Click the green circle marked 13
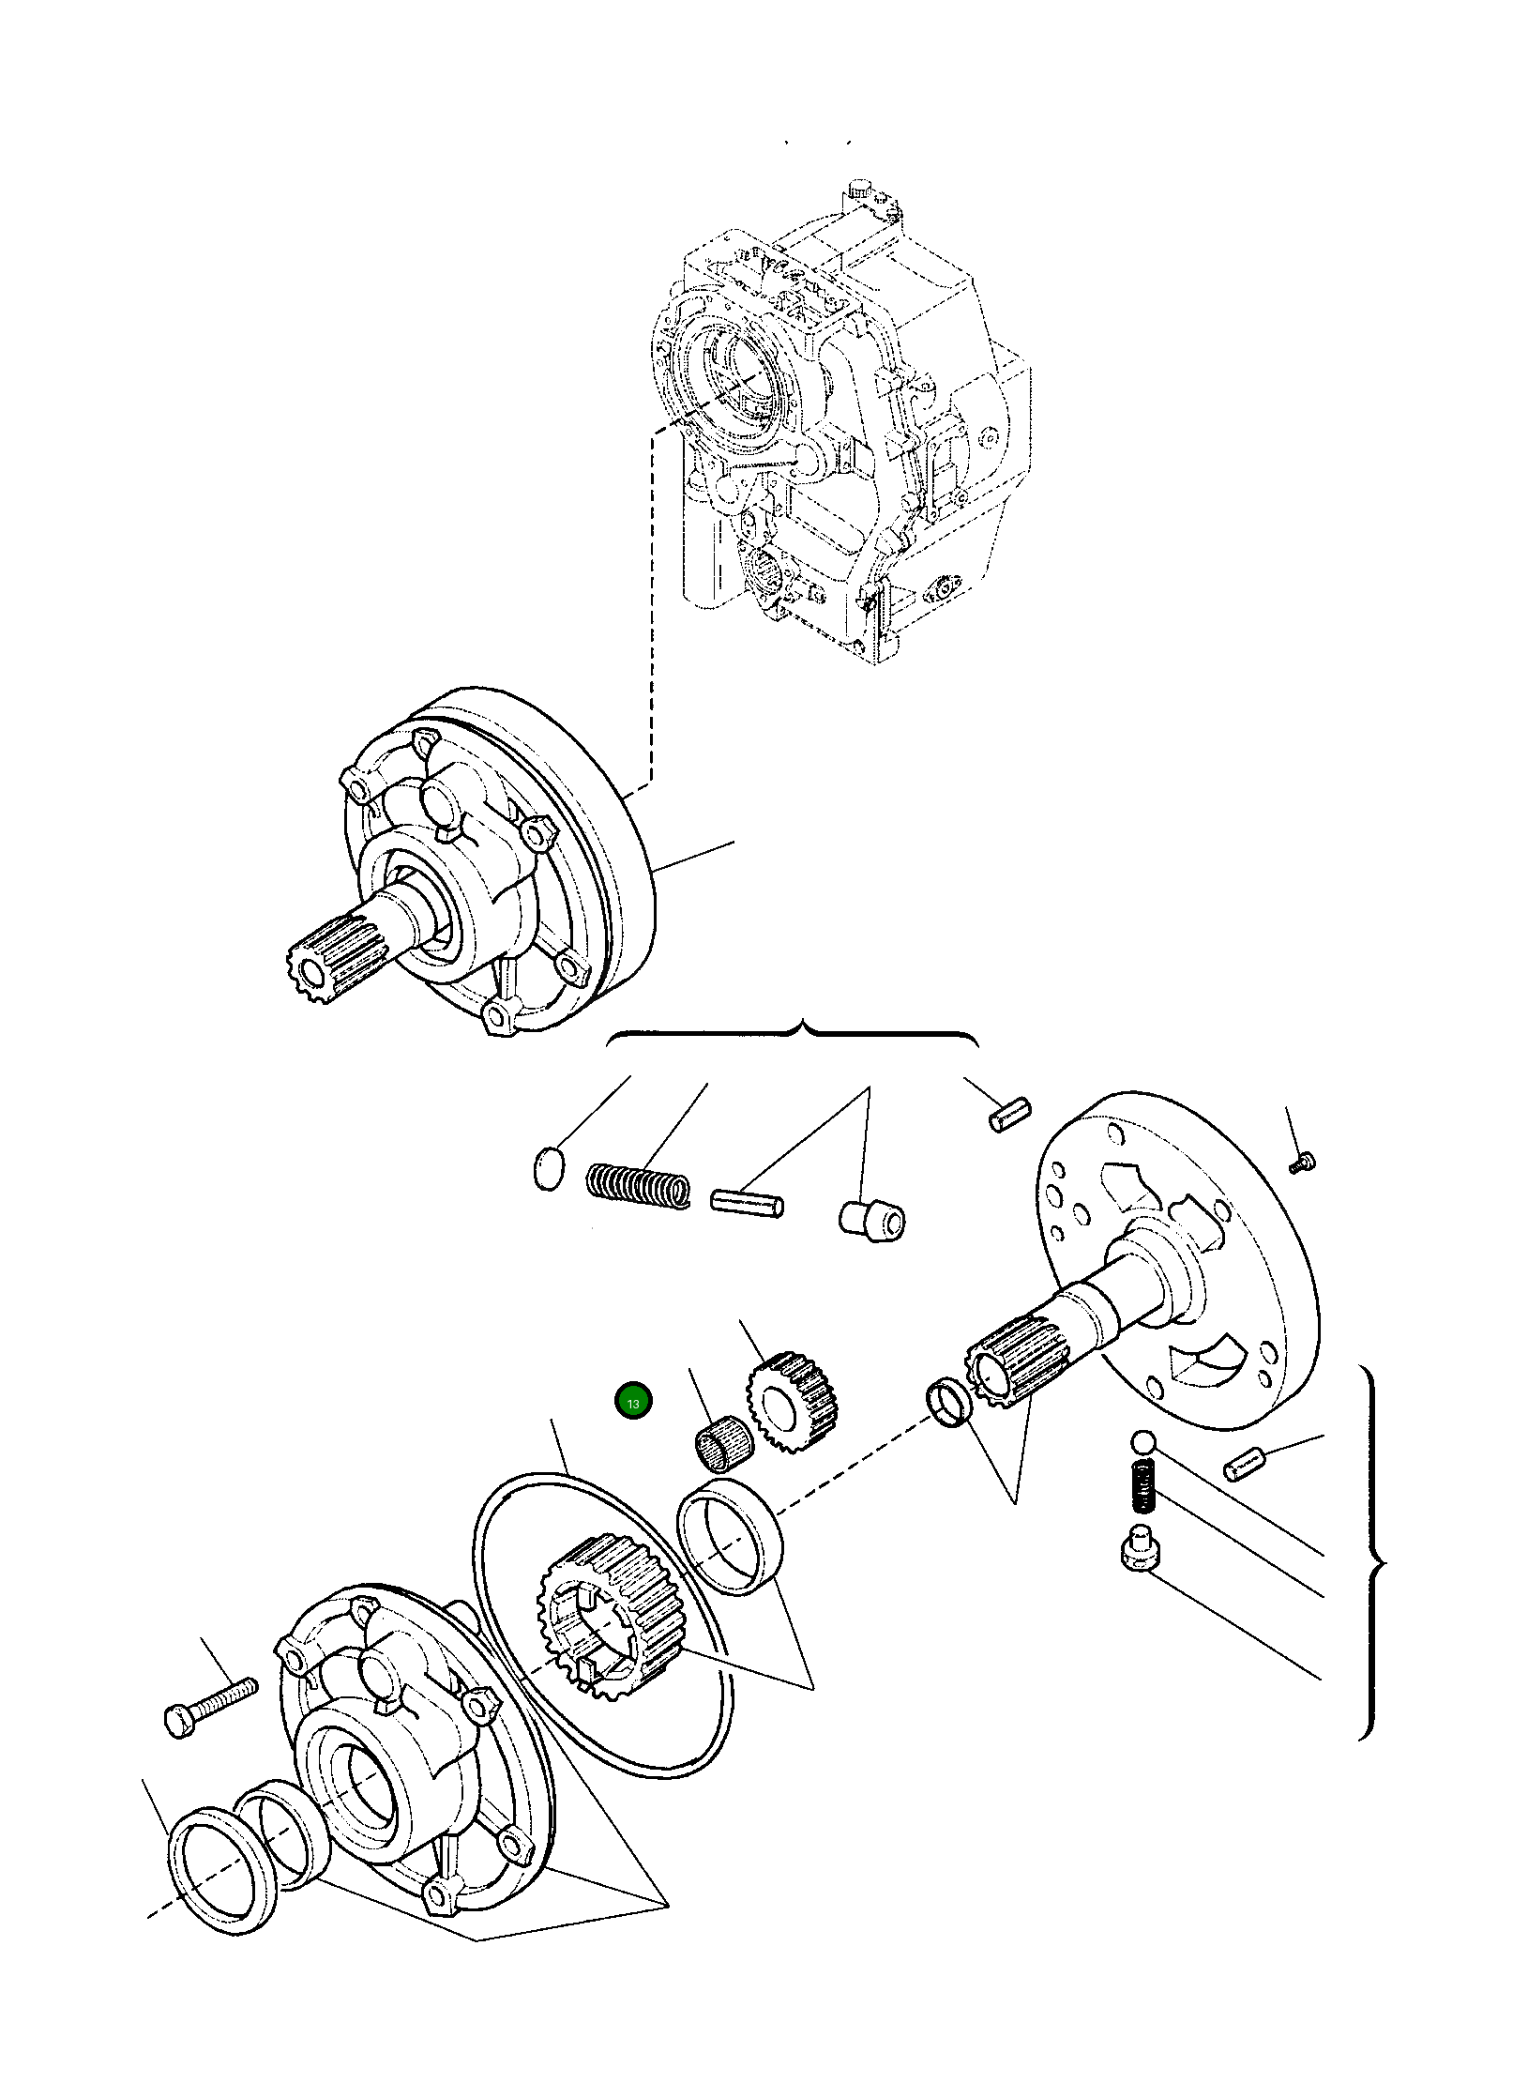pyautogui.click(x=633, y=1429)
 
